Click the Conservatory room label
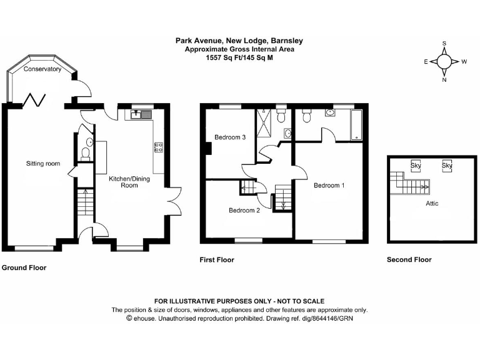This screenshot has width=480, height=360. pyautogui.click(x=42, y=69)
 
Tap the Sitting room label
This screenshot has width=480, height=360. pyautogui.click(x=43, y=164)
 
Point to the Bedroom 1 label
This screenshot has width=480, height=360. pyautogui.click(x=329, y=186)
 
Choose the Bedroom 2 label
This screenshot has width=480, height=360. pyautogui.click(x=244, y=211)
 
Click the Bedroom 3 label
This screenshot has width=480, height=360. pyautogui.click(x=230, y=137)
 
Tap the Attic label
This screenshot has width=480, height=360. pyautogui.click(x=432, y=204)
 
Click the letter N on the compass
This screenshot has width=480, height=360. pyautogui.click(x=444, y=79)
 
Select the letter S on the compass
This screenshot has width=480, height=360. pyautogui.click(x=444, y=44)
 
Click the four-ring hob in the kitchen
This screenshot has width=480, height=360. pyautogui.click(x=159, y=147)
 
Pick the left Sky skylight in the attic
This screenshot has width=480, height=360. pyautogui.click(x=416, y=166)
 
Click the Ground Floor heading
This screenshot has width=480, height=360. pyautogui.click(x=24, y=267)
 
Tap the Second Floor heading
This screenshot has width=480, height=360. pyautogui.click(x=409, y=259)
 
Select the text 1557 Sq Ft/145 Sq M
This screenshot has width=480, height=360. pyautogui.click(x=239, y=57)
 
